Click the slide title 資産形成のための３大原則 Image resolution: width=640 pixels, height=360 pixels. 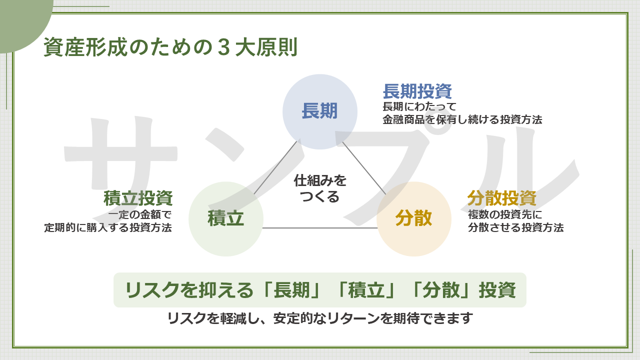[x=170, y=47]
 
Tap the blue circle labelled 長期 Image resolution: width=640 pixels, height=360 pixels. [x=320, y=111]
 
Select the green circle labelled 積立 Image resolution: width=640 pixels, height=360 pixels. [x=225, y=219]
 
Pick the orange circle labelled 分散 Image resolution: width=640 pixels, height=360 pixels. [x=414, y=219]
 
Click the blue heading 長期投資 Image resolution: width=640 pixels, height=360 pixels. [x=417, y=91]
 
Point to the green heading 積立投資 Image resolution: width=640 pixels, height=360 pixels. [x=138, y=198]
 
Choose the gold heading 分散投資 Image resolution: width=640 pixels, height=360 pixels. [x=502, y=198]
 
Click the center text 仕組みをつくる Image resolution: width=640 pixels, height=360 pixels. [x=320, y=188]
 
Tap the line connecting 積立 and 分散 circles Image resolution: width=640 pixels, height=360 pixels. [x=320, y=228]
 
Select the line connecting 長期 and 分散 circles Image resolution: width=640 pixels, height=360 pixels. [x=364, y=168]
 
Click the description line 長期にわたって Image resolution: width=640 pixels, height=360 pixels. [x=419, y=107]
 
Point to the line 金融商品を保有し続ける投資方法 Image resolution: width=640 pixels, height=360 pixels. [x=462, y=119]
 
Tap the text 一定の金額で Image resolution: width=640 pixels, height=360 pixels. [x=140, y=215]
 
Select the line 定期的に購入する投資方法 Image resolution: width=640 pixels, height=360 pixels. [x=108, y=227]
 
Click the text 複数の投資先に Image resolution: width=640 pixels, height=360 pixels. [x=505, y=215]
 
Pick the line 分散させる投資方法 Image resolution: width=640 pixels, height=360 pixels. [x=515, y=227]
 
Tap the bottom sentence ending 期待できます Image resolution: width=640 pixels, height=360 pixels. [x=320, y=318]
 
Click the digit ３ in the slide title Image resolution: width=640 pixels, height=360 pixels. [x=223, y=47]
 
